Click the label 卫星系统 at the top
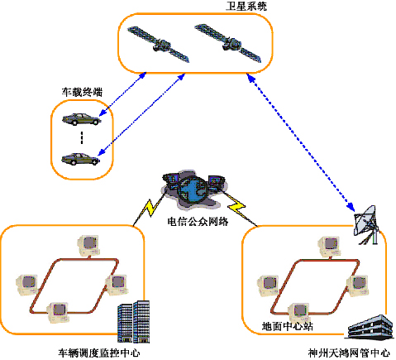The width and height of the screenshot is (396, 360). (246, 6)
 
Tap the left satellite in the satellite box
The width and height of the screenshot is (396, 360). (159, 45)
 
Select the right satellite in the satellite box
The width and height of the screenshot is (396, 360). (228, 43)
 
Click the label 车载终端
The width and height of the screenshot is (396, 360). (82, 92)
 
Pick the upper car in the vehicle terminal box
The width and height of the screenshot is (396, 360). (81, 119)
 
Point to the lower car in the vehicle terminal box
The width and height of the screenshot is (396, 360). (80, 159)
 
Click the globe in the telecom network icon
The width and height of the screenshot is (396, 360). (192, 190)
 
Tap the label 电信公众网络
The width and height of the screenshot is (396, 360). (198, 221)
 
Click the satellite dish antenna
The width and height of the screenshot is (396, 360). (366, 224)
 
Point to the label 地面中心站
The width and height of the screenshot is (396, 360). (287, 326)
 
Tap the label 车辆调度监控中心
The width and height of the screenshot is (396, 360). (99, 353)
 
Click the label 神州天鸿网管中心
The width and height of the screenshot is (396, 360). (349, 353)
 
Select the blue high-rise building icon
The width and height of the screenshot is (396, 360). (134, 322)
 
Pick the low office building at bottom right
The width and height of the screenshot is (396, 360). (370, 327)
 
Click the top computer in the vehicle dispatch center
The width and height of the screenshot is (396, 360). (88, 246)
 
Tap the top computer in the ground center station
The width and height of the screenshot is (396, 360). (330, 247)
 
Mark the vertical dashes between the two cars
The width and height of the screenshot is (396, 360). (82, 137)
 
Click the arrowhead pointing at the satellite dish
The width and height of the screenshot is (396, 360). (351, 206)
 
